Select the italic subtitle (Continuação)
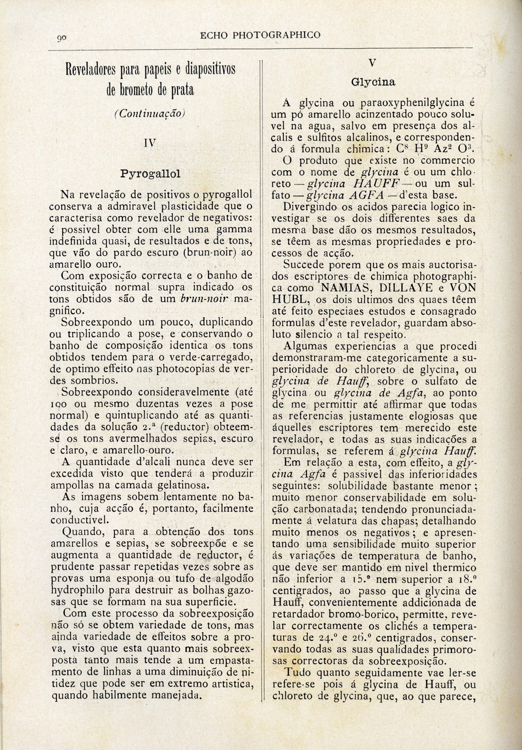(149, 113)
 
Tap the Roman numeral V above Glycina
(373, 62)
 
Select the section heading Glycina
(373, 82)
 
